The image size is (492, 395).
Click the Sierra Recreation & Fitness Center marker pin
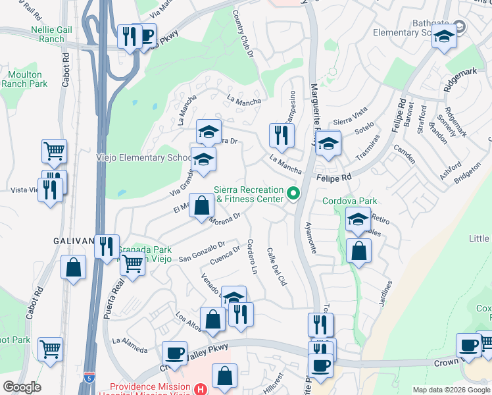coord(294,193)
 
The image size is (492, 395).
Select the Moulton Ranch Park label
coord(24,80)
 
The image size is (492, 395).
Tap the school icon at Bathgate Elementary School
coord(444,38)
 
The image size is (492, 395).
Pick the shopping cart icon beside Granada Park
coord(133,265)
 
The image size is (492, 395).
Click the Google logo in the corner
coord(22,387)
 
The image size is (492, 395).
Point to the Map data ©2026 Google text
coord(451,390)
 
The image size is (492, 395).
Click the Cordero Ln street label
coord(251,257)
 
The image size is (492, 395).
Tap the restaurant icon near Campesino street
coord(282,136)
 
